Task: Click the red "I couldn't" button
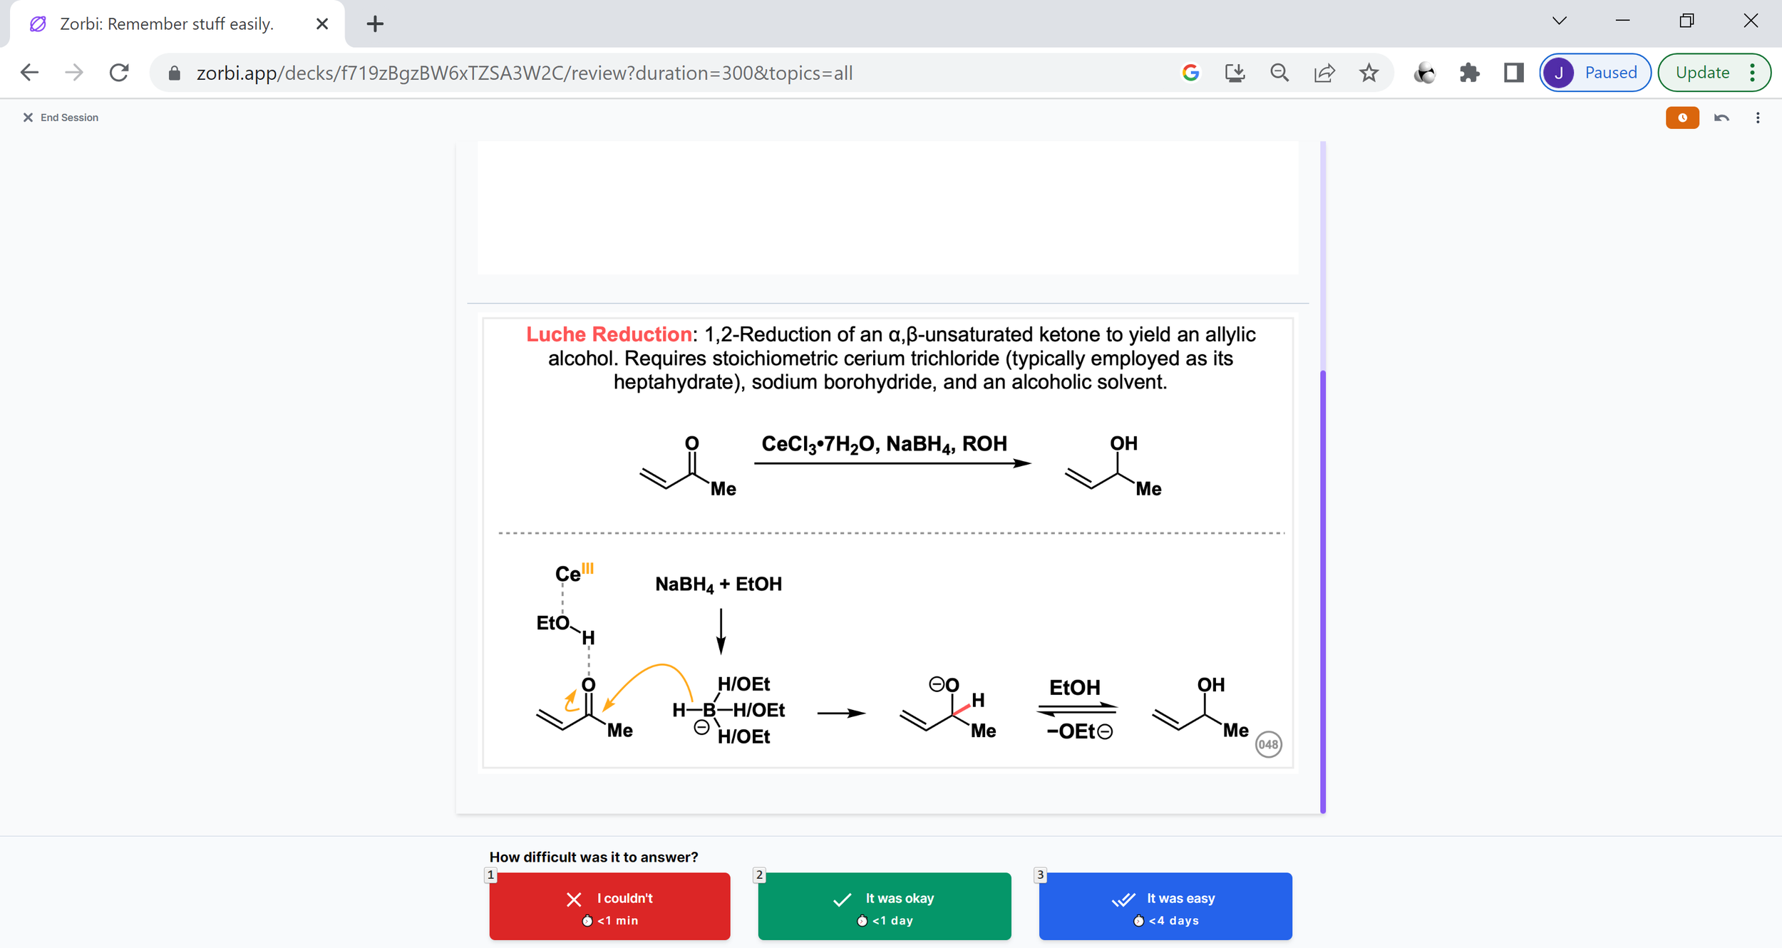point(609,906)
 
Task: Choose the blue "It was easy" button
point(1165,906)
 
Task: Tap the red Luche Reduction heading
point(609,334)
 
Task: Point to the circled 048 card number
point(1268,744)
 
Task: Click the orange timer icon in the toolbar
point(1682,118)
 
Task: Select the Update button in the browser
point(1702,73)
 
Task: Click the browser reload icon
point(119,73)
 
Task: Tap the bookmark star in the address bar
point(1369,73)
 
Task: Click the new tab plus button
point(375,24)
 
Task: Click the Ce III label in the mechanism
point(573,572)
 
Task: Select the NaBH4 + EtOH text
point(719,584)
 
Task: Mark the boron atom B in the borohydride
point(709,710)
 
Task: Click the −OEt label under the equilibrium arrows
point(1078,732)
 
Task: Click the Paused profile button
point(1595,73)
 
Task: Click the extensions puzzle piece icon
point(1469,73)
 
